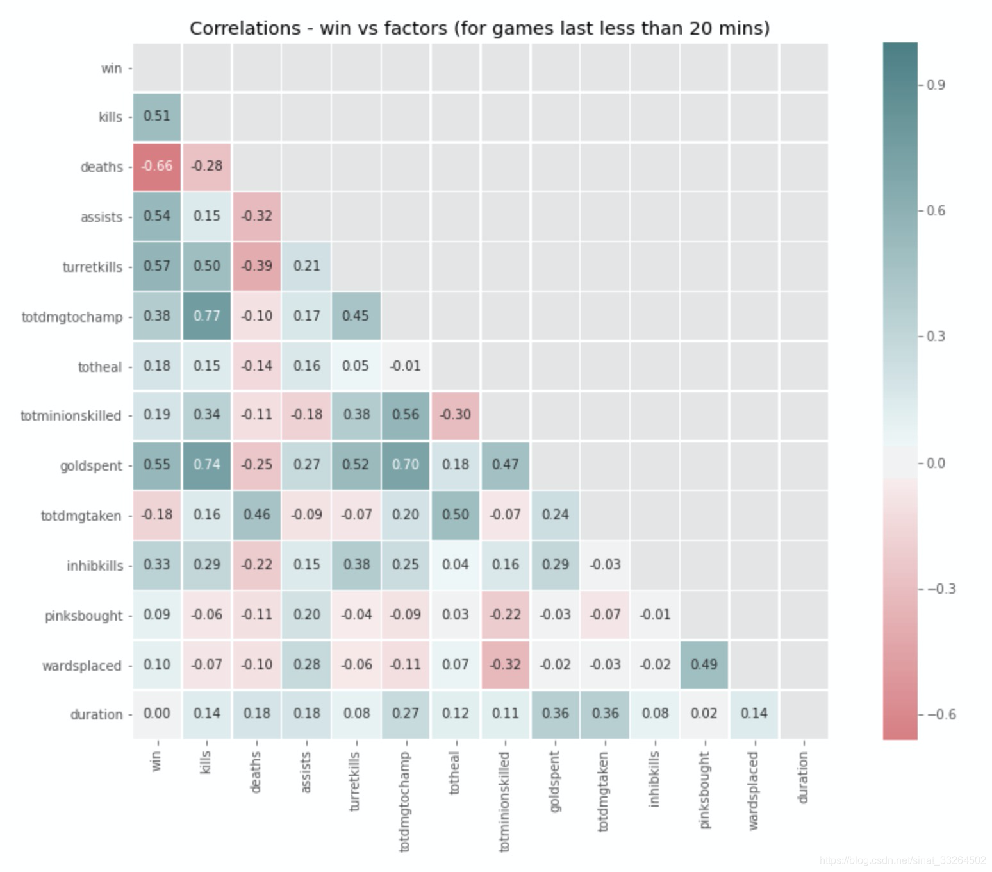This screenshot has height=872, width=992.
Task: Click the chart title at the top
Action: (479, 29)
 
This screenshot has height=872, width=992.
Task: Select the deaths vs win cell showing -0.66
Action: (157, 166)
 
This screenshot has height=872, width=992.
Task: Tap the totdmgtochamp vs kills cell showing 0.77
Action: (207, 316)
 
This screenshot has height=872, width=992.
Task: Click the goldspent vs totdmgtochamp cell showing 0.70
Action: (406, 465)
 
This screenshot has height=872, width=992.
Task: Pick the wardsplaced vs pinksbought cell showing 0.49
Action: (704, 665)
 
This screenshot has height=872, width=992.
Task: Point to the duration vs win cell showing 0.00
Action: (157, 714)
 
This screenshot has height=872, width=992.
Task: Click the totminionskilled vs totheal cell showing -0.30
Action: (456, 415)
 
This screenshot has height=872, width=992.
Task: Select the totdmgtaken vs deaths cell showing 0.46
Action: (257, 515)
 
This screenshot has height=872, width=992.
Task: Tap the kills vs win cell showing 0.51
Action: (157, 116)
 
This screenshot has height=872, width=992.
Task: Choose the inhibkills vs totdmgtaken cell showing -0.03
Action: (606, 565)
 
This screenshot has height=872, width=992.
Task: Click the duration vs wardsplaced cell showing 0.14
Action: (754, 714)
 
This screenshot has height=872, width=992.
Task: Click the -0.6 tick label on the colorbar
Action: (940, 715)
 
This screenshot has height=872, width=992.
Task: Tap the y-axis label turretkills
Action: (92, 267)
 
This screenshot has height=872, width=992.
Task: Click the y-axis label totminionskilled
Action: (70, 416)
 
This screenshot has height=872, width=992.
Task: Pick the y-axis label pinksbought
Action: (83, 616)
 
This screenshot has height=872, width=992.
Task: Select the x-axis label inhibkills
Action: (654, 779)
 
